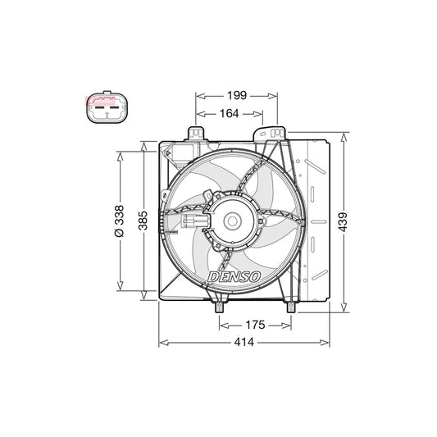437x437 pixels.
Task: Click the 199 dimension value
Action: tap(237, 96)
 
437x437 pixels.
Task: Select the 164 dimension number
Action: tap(229, 113)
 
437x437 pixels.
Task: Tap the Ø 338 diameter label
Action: tap(120, 221)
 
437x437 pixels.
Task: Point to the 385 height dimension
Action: tap(143, 221)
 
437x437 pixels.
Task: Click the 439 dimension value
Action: tap(343, 222)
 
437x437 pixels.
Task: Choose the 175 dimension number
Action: tap(255, 325)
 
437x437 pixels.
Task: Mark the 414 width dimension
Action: tap(244, 342)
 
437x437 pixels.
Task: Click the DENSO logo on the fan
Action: tap(234, 277)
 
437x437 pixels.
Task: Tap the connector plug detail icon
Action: tap(107, 107)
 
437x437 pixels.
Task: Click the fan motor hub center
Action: tap(232, 221)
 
